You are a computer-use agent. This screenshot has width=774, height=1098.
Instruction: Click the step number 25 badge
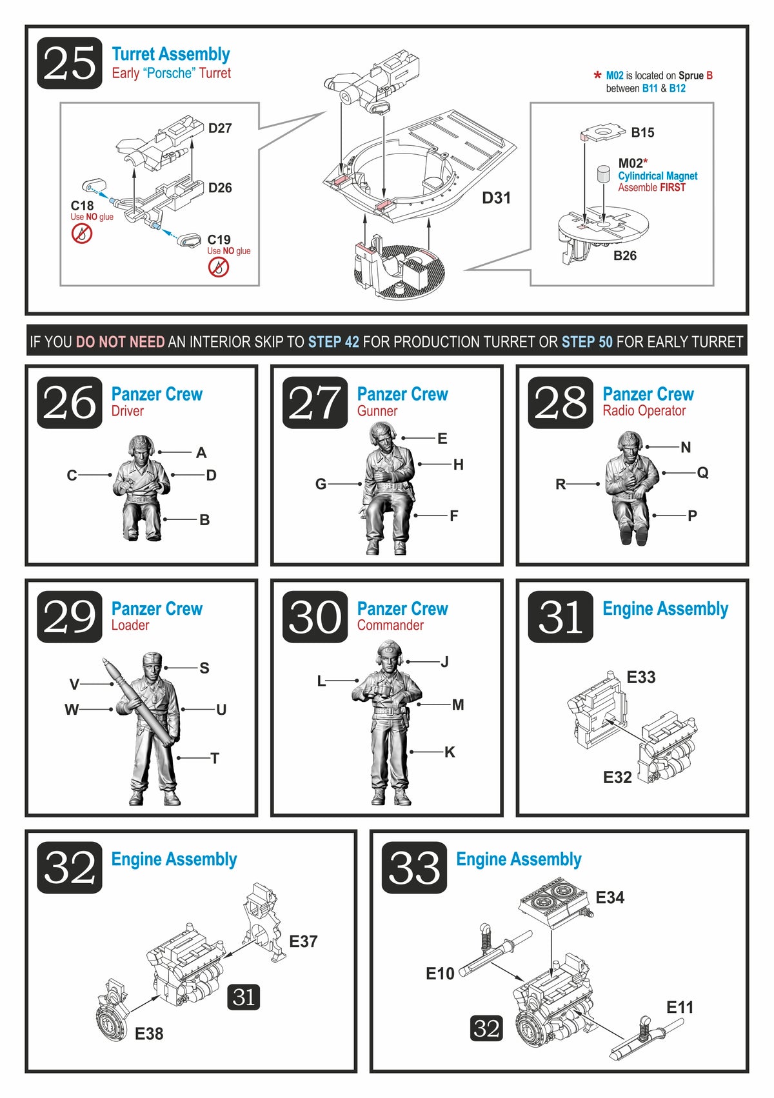click(70, 63)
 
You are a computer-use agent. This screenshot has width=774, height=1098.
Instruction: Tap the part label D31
click(496, 198)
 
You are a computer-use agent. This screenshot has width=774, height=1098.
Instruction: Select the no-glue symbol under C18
click(82, 234)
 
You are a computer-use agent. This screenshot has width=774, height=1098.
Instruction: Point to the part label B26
click(625, 255)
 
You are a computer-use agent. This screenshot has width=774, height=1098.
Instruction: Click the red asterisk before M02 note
click(597, 75)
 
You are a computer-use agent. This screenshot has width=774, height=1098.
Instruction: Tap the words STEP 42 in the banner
click(333, 342)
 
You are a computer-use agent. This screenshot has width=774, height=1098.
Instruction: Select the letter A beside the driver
click(201, 452)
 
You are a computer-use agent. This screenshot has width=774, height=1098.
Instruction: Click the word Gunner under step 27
click(377, 411)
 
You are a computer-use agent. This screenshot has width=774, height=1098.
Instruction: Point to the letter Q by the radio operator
click(702, 472)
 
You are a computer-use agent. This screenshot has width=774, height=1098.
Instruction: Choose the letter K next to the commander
click(450, 752)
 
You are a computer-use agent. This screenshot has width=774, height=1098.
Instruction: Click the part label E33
click(640, 677)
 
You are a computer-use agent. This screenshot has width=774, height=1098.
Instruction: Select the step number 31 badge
click(561, 616)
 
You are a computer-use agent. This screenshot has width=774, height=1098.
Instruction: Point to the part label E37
click(303, 941)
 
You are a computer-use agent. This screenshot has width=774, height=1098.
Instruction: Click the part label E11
click(680, 1007)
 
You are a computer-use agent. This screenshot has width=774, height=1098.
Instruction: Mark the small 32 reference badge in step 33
click(486, 1028)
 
